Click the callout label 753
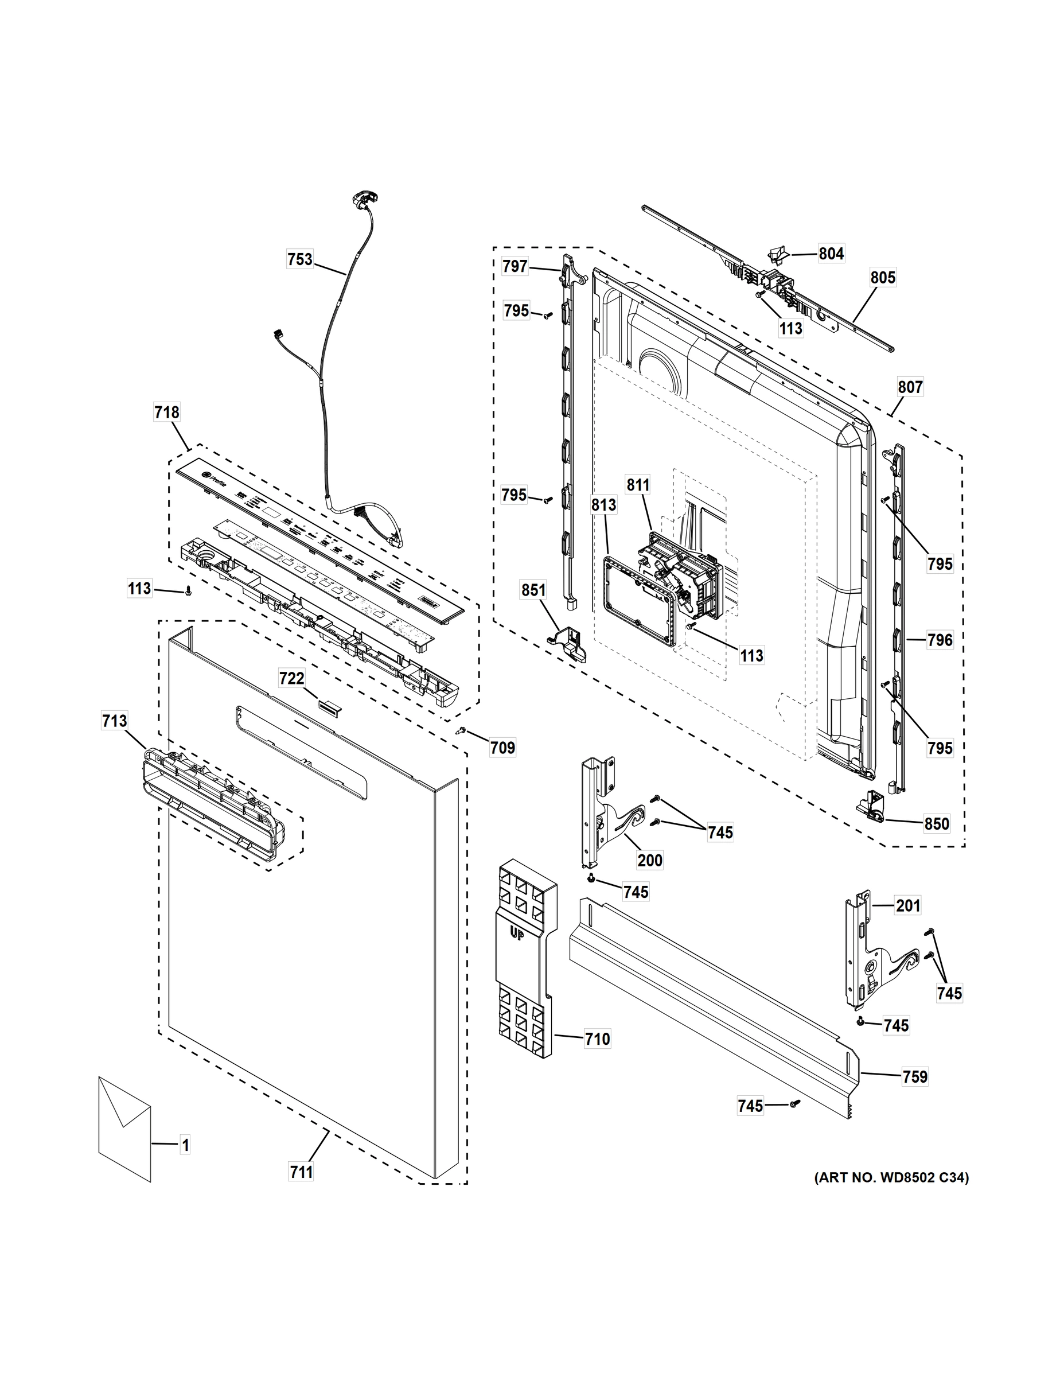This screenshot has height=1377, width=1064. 300,259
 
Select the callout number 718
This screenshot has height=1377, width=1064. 167,413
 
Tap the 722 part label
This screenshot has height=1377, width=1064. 292,678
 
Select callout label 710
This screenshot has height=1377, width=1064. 597,1038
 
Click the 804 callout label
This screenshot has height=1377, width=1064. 831,254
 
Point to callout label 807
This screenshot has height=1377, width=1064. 910,387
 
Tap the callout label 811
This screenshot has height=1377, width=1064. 638,485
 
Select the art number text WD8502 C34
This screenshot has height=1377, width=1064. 891,1177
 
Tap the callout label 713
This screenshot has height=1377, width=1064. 114,721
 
